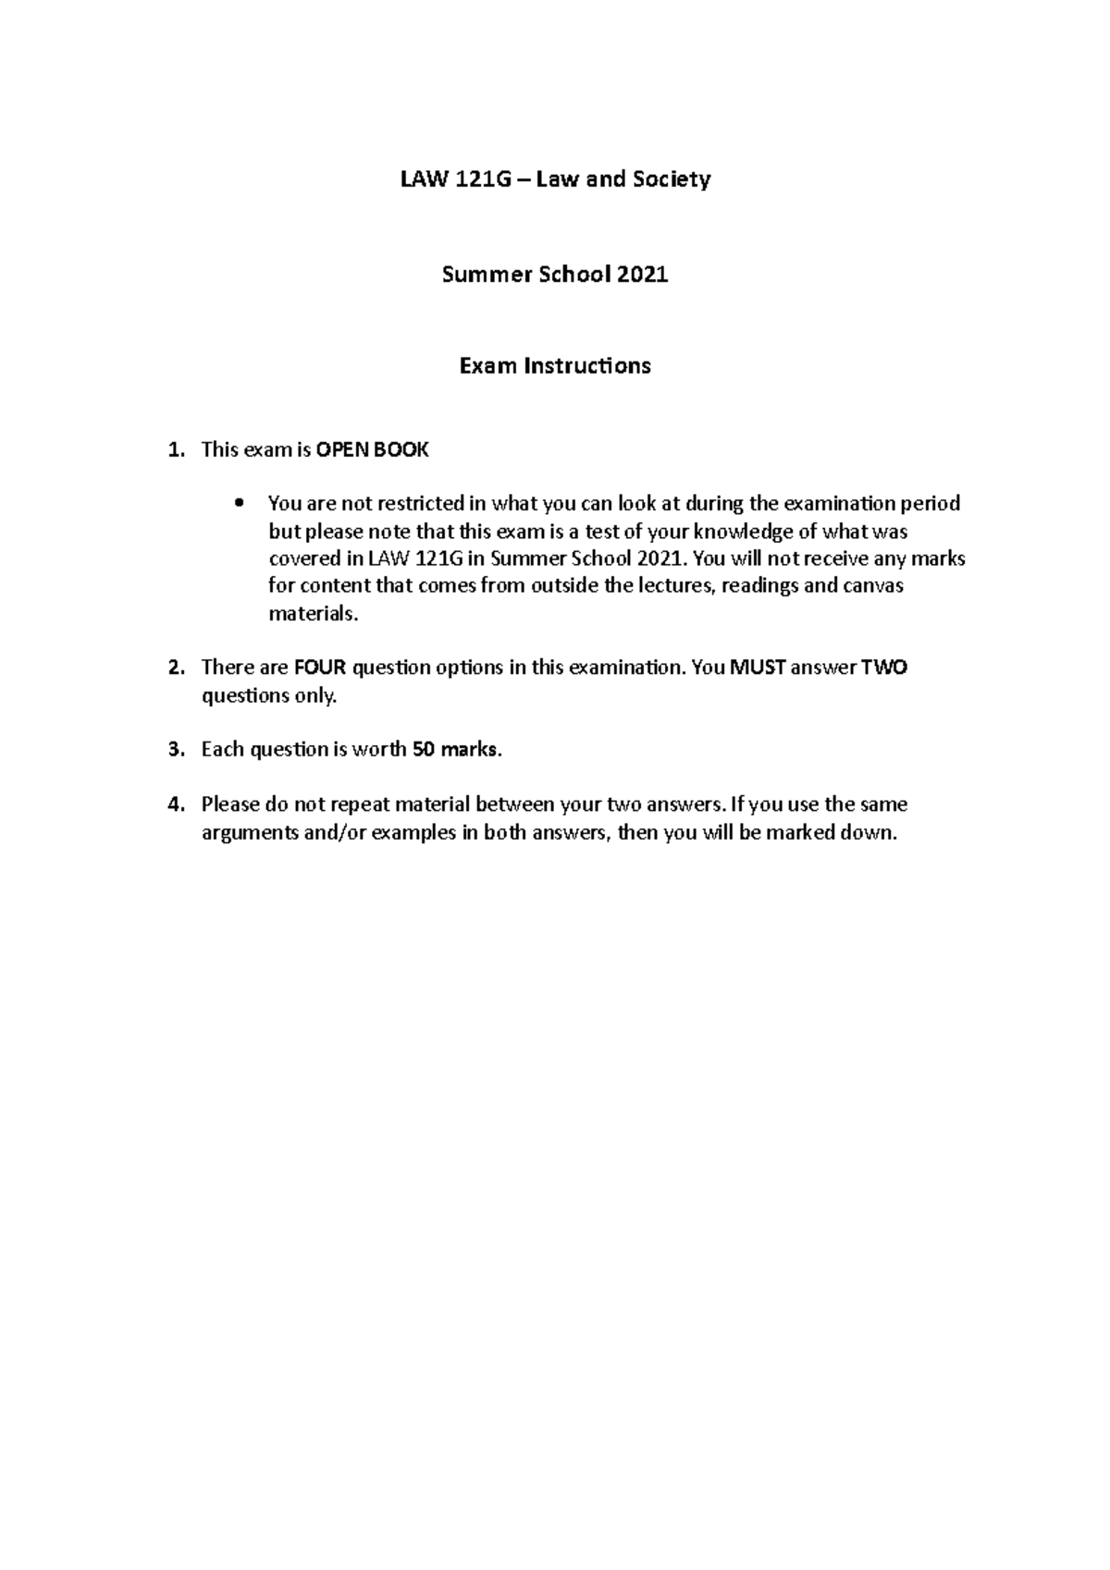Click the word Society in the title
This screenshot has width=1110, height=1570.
671,179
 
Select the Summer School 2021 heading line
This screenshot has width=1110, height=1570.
555,274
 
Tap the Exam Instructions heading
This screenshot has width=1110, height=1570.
555,366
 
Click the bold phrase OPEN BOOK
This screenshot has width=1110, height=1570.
372,450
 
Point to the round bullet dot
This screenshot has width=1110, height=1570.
240,504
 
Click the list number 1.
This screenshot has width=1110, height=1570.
175,450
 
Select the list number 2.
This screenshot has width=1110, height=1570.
175,667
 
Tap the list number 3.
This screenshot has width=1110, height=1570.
175,749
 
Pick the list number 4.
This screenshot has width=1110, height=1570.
175,803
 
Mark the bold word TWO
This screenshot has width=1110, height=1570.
883,667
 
